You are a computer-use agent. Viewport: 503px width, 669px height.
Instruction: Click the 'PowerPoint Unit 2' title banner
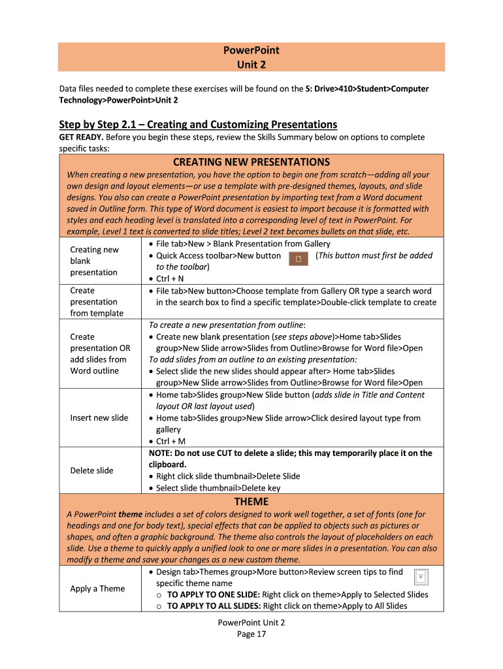pyautogui.click(x=252, y=57)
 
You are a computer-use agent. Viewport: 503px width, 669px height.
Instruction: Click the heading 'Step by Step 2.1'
pyautogui.click(x=198, y=124)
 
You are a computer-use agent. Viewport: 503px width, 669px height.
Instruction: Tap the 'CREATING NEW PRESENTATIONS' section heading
pyautogui.click(x=252, y=162)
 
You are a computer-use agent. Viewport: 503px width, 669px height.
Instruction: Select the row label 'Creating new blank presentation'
pyautogui.click(x=94, y=261)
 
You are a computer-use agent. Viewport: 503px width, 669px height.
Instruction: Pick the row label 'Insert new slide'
pyautogui.click(x=99, y=418)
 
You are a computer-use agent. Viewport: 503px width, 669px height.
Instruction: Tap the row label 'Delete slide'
pyautogui.click(x=91, y=470)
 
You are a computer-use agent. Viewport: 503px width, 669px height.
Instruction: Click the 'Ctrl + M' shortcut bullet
pyautogui.click(x=170, y=441)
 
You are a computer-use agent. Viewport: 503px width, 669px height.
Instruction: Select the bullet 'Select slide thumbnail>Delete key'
pyautogui.click(x=218, y=488)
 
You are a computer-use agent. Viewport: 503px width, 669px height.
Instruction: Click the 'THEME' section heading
pyautogui.click(x=252, y=501)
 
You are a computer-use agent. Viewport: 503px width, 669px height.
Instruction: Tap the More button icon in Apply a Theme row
pyautogui.click(x=421, y=576)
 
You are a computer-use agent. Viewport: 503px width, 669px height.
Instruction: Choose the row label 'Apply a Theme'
pyautogui.click(x=97, y=589)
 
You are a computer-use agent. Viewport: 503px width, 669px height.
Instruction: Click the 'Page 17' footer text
pyautogui.click(x=252, y=634)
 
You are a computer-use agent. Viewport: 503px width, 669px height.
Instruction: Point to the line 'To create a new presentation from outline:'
pyautogui.click(x=227, y=325)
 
